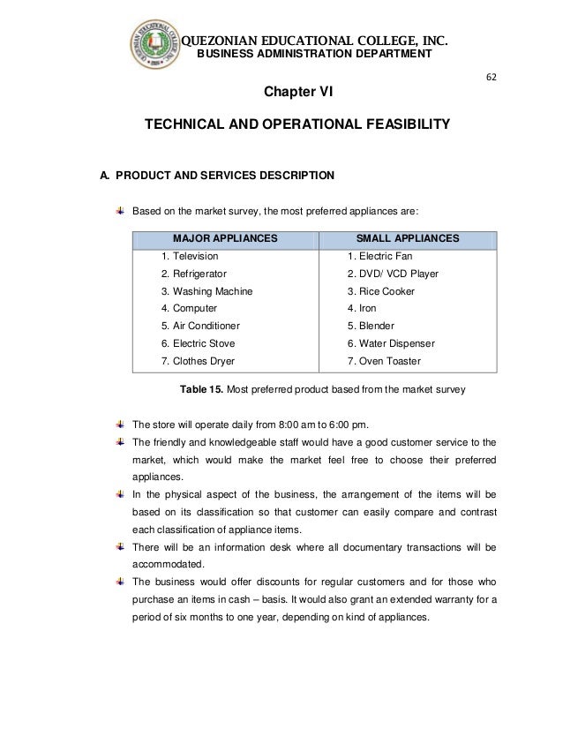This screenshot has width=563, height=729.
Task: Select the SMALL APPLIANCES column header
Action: pos(407,238)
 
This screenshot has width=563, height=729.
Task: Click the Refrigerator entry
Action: pos(192,274)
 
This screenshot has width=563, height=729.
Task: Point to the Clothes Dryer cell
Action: pos(199,360)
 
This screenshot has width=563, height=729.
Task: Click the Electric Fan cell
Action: pos(380,256)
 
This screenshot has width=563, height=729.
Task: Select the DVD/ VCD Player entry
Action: pos(393,274)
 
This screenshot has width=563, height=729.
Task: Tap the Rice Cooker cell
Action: pos(381,291)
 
